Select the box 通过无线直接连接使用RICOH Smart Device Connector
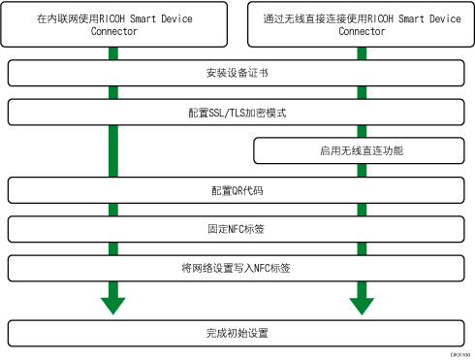(362, 24)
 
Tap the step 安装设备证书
(237, 74)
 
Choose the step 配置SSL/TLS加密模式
(237, 113)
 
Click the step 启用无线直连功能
(362, 150)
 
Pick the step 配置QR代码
(237, 189)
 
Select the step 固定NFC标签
(237, 228)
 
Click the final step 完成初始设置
(237, 332)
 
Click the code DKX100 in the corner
(460, 355)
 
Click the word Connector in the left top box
(112, 31)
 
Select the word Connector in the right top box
(362, 31)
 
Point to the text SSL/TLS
(236, 113)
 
